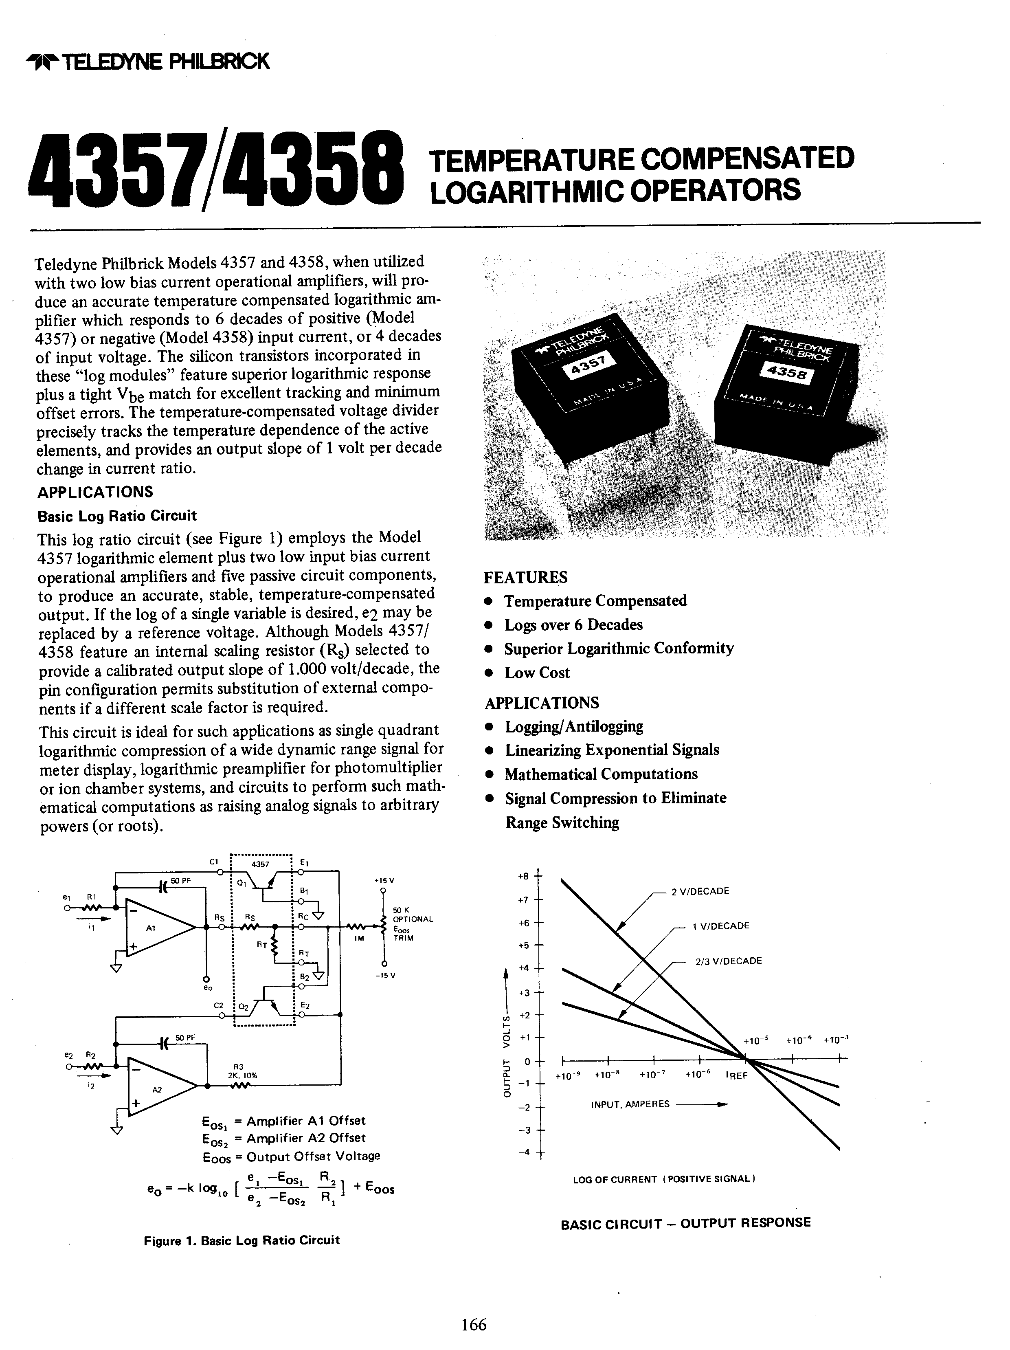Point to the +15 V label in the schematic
[384, 881]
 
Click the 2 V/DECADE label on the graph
[700, 891]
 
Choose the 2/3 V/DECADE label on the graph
[729, 961]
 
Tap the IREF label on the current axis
[737, 1076]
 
